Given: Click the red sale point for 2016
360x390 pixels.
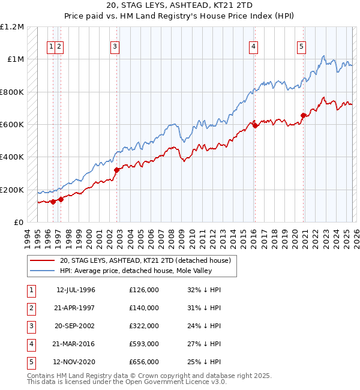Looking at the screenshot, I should [x=255, y=125].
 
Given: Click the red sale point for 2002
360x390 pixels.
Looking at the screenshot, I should [x=117, y=170].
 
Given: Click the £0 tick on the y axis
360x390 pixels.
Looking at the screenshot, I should [x=19, y=223].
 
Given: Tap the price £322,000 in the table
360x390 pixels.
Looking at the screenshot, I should [x=144, y=326].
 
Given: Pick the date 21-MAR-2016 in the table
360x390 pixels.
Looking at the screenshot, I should [x=76, y=344].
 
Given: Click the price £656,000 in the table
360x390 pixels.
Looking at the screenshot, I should [x=144, y=362].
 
